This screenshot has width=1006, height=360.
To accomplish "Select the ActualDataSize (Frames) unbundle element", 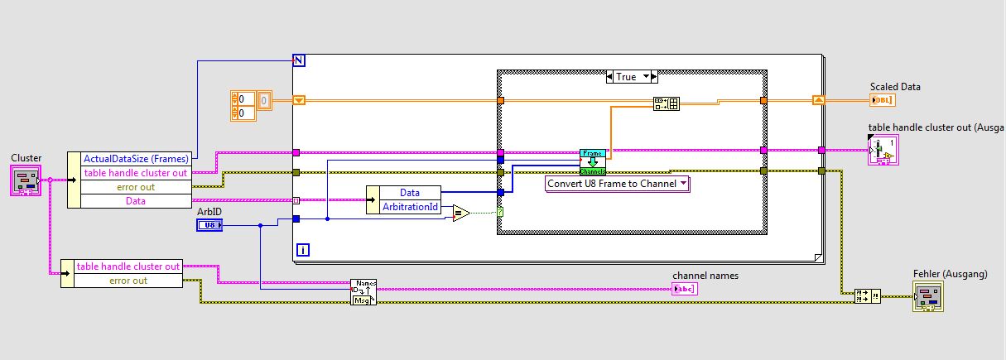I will (x=136, y=158).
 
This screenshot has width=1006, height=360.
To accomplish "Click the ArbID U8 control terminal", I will (x=209, y=225).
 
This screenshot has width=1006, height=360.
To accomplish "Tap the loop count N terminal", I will (x=299, y=60).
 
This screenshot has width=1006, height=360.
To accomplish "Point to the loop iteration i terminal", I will (x=302, y=249).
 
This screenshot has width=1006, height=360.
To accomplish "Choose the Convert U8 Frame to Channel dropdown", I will (x=618, y=184).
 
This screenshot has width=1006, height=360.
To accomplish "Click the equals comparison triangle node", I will (x=460, y=214).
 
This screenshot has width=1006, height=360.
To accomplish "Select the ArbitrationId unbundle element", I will (x=410, y=207).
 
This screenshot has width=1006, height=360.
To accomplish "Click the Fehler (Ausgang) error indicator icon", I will (x=928, y=296).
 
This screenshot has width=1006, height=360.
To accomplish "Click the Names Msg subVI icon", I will (x=363, y=292).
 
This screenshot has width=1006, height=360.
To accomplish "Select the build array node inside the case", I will (x=666, y=103).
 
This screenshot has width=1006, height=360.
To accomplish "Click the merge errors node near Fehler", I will (x=868, y=296).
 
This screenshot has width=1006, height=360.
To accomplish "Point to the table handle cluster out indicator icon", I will (x=883, y=151).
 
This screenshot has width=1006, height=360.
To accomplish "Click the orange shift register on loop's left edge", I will (x=299, y=100).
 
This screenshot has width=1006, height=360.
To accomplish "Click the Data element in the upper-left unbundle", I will (x=136, y=200).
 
